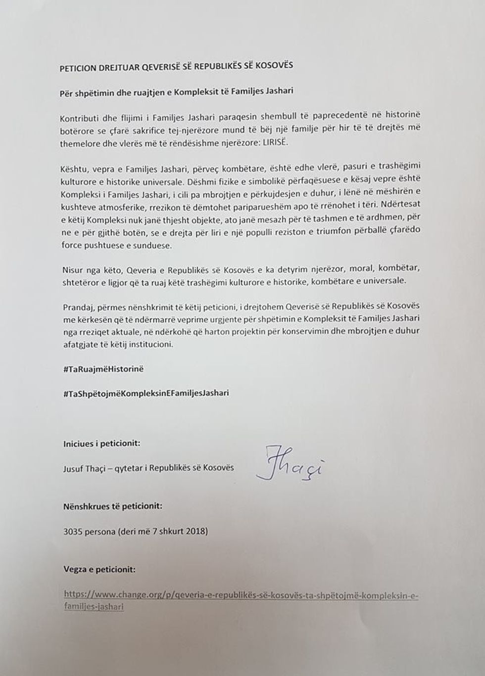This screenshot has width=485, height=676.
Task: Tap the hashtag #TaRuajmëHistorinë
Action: point(103,369)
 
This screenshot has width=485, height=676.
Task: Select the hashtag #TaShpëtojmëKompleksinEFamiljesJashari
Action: point(146,393)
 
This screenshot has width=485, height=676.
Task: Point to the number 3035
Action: point(73,532)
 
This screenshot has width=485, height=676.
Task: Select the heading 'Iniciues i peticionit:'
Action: point(101,443)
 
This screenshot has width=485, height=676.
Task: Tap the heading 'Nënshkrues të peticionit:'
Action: point(112,506)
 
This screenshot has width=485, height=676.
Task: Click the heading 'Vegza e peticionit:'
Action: point(99,569)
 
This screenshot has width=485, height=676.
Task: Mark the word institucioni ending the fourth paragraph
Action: point(150,344)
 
